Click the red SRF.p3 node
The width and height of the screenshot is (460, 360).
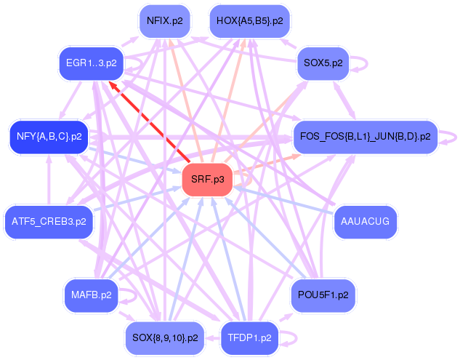207,179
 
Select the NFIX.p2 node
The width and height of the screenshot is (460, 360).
164,21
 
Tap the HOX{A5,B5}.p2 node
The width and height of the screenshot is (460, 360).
250,21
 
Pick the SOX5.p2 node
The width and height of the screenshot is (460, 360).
324,64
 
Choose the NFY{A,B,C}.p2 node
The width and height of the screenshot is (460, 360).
49,136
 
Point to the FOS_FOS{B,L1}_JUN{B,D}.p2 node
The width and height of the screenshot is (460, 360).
365,136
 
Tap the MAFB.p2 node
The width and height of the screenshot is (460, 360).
91,295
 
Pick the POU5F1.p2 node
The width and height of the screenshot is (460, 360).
323,295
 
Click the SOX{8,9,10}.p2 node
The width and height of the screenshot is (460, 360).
165,337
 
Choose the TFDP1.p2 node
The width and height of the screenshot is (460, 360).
249,337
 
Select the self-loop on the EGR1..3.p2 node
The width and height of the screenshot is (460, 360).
136,65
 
